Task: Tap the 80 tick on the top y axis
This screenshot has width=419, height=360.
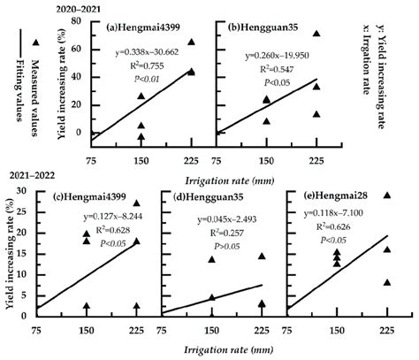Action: click(84, 19)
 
